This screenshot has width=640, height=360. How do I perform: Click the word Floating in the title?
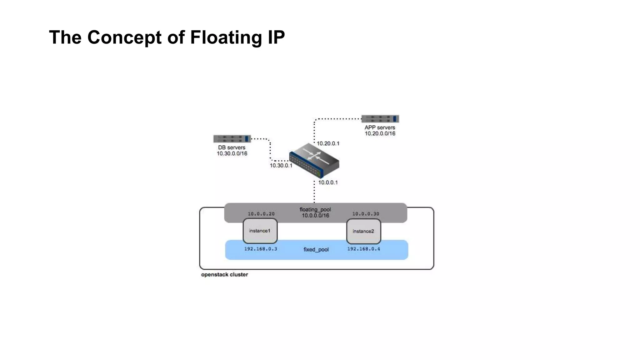tap(226, 37)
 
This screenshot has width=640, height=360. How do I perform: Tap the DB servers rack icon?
tap(232, 139)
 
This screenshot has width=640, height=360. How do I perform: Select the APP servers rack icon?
tap(380, 119)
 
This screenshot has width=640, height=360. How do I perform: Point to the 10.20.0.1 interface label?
tap(328, 143)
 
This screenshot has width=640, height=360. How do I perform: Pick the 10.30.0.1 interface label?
tap(281, 166)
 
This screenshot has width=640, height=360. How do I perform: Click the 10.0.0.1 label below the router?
tap(328, 182)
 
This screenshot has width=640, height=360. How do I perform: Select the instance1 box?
tap(260, 231)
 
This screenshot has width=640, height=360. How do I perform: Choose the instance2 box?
tap(363, 231)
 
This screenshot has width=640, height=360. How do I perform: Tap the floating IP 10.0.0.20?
tap(261, 214)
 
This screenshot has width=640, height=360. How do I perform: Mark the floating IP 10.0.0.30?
tap(366, 214)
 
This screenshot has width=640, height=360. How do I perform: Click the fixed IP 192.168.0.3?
tap(261, 249)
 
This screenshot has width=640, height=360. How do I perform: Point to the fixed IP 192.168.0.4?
tap(364, 249)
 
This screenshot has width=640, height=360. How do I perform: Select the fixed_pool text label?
tap(316, 250)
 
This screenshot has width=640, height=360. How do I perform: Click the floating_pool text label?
tap(315, 209)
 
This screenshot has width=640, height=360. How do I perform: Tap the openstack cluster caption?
tap(224, 275)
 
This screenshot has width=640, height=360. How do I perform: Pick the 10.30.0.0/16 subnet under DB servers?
tap(232, 153)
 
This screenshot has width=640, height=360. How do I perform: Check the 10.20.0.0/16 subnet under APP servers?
tap(380, 133)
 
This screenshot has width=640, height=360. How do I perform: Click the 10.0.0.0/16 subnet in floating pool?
tap(315, 216)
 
